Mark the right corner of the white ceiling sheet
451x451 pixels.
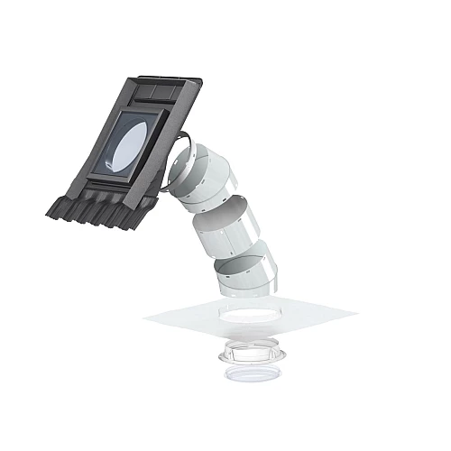coord(355,314)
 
